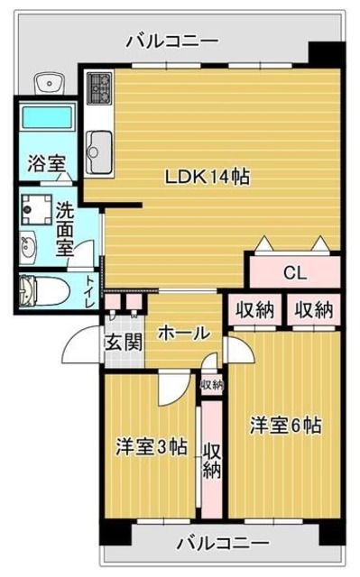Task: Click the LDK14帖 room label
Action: (207, 177)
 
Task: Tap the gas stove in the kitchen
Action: (99, 88)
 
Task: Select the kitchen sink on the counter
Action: (99, 152)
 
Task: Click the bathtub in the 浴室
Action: (47, 117)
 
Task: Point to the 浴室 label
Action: (46, 163)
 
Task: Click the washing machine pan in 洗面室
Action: (36, 209)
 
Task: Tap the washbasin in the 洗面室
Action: (28, 248)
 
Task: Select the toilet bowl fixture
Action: (44, 290)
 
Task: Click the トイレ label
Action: (91, 291)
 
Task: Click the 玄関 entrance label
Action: (124, 343)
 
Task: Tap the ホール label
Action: (184, 333)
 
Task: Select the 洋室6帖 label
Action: (286, 426)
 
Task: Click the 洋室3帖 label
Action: (152, 447)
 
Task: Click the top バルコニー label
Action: (172, 41)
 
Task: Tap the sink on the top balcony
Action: (50, 83)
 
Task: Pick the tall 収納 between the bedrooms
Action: (212, 460)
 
